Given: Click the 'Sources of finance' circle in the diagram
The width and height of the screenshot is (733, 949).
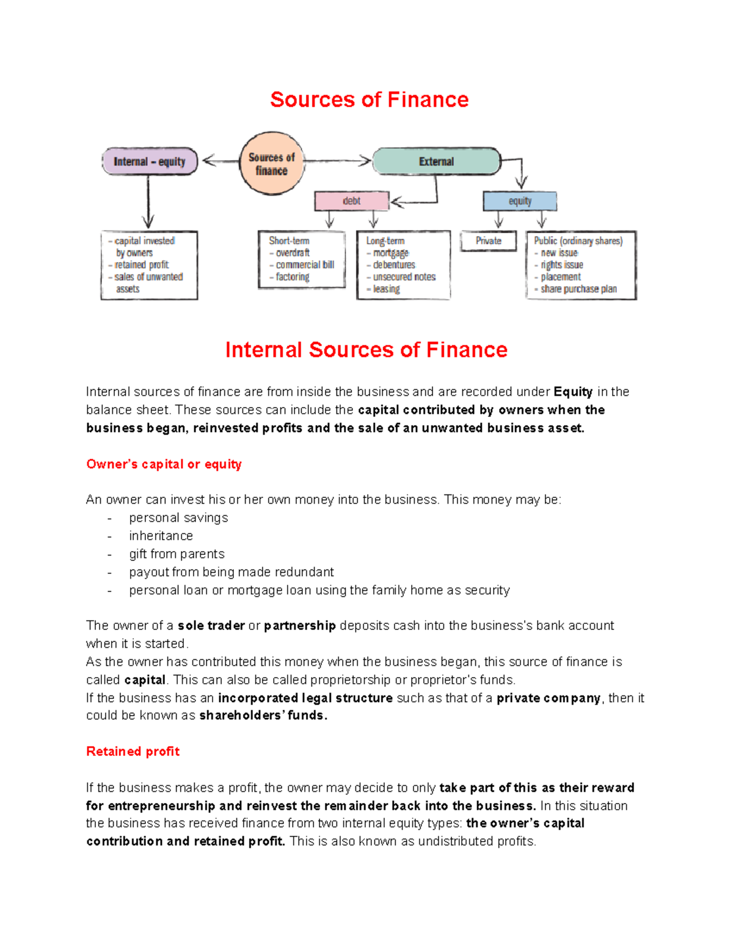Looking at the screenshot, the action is click(x=272, y=163).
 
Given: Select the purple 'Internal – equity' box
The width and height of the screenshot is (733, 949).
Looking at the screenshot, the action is click(x=150, y=161).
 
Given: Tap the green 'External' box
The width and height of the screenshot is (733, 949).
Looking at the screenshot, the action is click(x=436, y=161).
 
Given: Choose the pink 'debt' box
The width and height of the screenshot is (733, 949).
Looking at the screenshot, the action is click(x=352, y=201).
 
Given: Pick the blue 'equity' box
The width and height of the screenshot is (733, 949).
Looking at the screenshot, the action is click(x=520, y=201).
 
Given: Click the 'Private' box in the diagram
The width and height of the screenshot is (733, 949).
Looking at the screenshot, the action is click(x=489, y=241).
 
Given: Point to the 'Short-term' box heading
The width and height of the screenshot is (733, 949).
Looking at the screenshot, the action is click(x=289, y=241).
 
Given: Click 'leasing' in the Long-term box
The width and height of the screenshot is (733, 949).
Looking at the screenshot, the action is click(x=386, y=289).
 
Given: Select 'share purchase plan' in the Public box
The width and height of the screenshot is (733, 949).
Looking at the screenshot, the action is click(x=578, y=289).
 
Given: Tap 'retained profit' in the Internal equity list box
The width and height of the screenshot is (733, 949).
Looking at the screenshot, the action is click(x=141, y=265).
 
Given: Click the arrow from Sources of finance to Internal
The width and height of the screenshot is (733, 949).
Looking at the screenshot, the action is click(x=220, y=161).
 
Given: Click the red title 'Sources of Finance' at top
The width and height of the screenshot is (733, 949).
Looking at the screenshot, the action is click(x=369, y=100).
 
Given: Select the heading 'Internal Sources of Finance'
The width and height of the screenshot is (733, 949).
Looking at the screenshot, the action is click(x=366, y=350).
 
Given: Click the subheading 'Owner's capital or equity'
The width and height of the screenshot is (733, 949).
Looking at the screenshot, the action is click(x=164, y=464).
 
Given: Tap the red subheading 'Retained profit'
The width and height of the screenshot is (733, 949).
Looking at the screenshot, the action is click(x=133, y=752).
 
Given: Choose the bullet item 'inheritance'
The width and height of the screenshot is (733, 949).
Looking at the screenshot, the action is click(x=161, y=536).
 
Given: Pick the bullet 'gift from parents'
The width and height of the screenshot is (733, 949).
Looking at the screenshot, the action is click(x=177, y=554).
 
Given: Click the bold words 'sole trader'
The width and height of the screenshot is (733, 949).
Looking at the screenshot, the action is click(x=211, y=626).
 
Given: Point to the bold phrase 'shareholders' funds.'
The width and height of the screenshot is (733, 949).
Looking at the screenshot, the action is click(x=263, y=716).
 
